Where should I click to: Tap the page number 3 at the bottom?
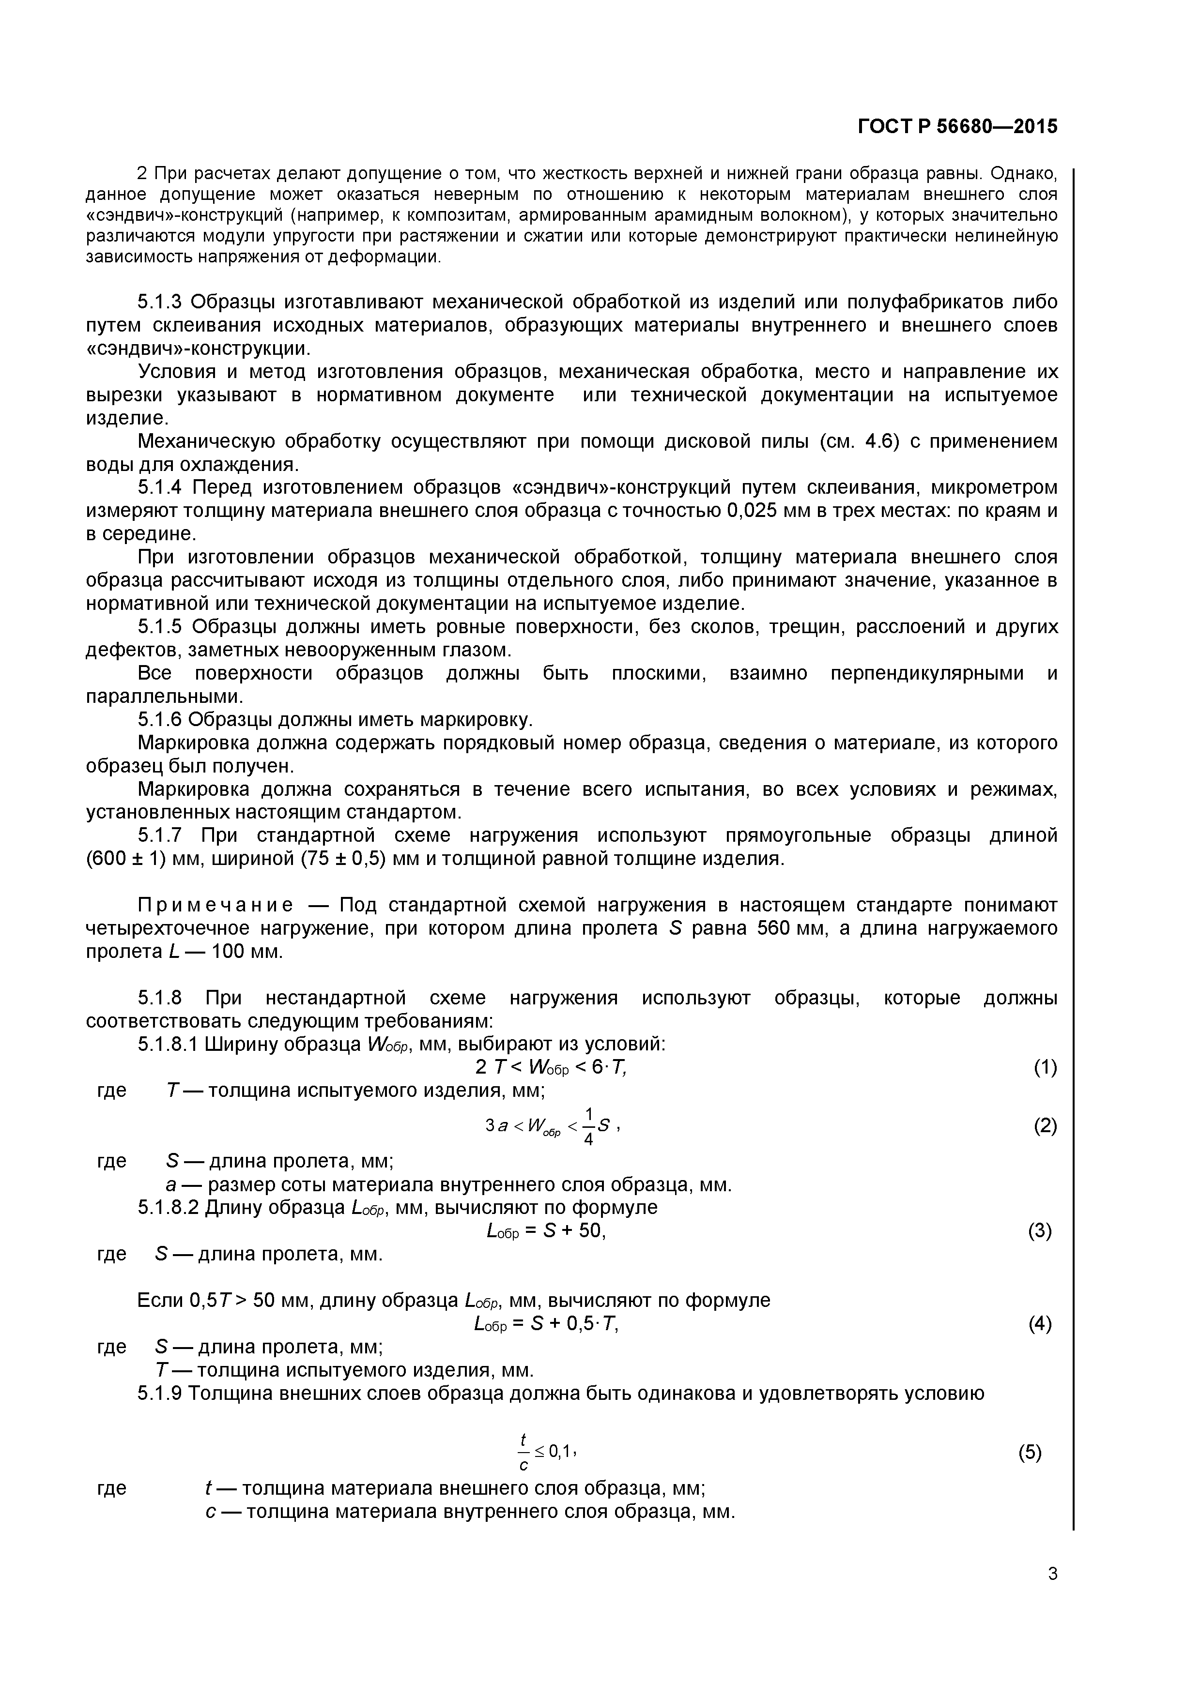[x=1052, y=1594]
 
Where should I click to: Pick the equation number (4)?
[x=1040, y=1324]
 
